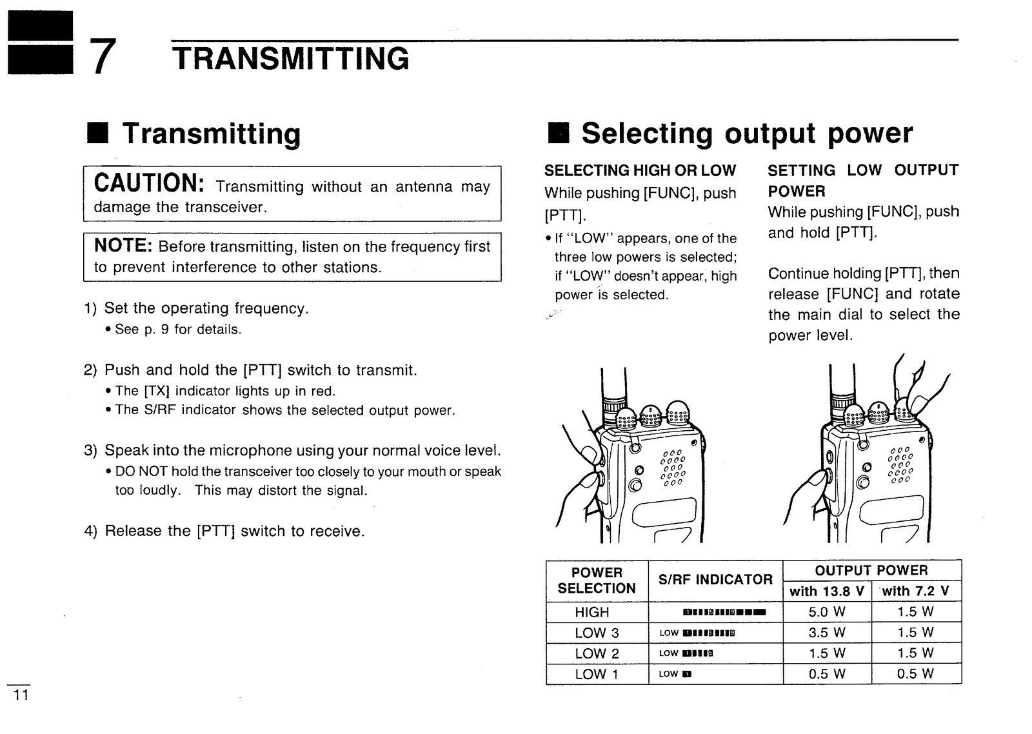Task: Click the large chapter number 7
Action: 103,57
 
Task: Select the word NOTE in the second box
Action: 123,246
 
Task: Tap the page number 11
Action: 20,695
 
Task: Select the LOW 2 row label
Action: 596,653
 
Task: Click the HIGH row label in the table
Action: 591,611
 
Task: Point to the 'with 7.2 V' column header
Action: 915,591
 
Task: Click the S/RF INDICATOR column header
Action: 715,579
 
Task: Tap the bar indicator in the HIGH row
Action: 723,612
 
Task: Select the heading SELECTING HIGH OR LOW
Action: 639,170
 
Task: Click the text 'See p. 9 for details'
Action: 177,330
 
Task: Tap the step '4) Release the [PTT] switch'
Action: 224,531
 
